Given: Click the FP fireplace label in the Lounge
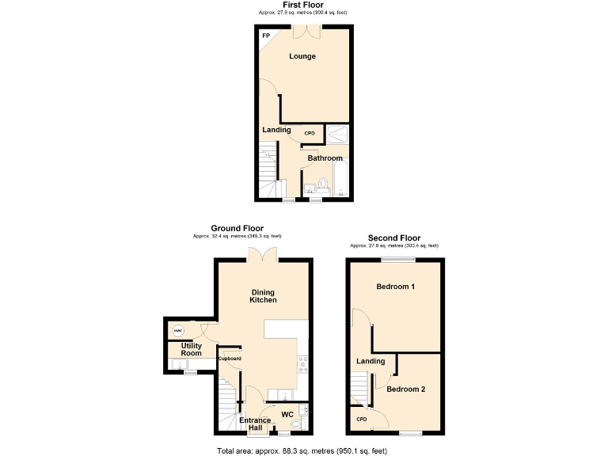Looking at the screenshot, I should coord(265,36).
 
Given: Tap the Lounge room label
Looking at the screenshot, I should coord(302,56).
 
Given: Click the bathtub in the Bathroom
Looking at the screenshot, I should coord(339,176).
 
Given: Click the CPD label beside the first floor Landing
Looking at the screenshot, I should coord(310,133).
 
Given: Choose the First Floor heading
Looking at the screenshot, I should coord(302,5).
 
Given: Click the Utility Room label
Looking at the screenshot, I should coord(191,350).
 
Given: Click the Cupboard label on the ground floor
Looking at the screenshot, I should coord(230,359).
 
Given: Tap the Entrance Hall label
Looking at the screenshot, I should coord(256,424).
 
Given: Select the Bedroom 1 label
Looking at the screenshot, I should coord(396,286).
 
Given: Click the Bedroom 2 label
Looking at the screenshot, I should coord(406,389).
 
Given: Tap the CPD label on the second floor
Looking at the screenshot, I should coord(361,420).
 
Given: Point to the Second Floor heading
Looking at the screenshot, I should coord(393,237).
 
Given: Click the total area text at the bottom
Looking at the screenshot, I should coord(302,450).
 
